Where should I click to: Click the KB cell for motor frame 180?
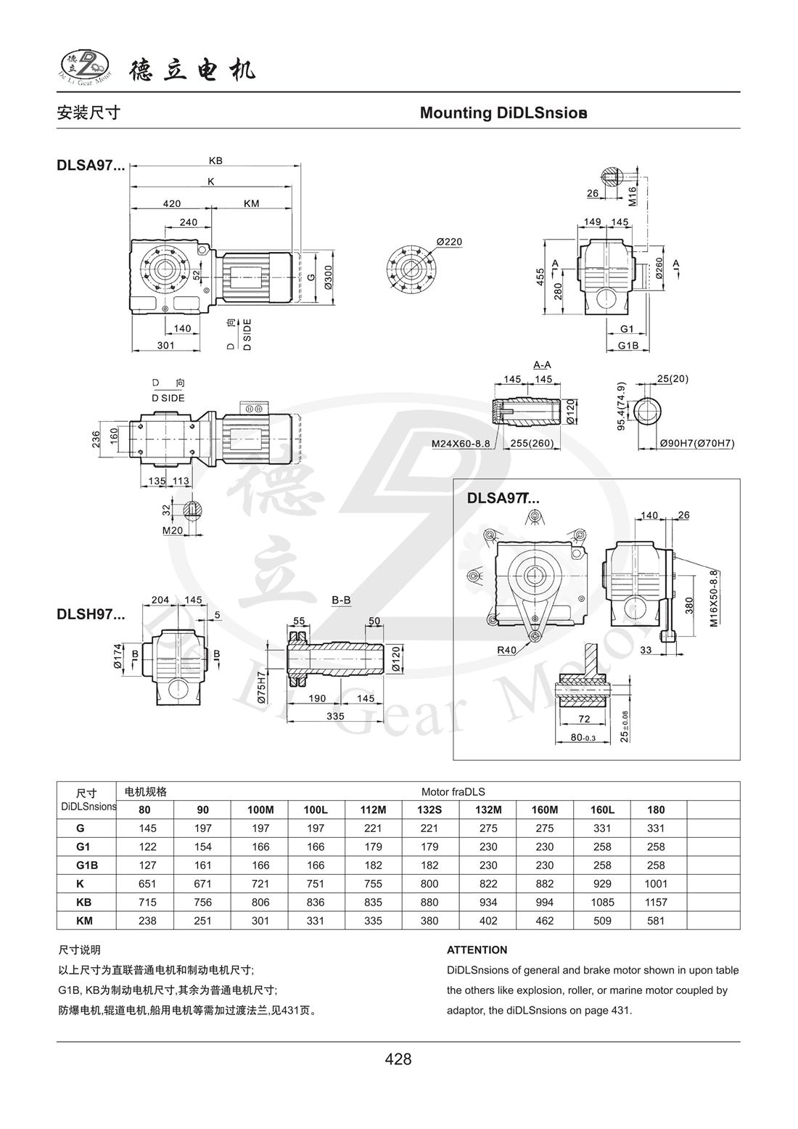click(x=655, y=902)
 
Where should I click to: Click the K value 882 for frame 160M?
click(x=544, y=884)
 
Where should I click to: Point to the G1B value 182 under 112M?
click(x=374, y=865)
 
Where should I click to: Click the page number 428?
click(x=398, y=1059)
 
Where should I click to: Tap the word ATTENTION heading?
click(x=477, y=950)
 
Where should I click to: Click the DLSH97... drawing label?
click(x=91, y=614)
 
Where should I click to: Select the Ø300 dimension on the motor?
click(x=329, y=277)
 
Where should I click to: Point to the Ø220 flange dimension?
click(x=449, y=242)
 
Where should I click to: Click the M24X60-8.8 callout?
click(x=461, y=444)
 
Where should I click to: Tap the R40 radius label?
click(x=506, y=651)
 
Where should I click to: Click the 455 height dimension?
click(x=540, y=277)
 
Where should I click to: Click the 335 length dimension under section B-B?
click(x=334, y=717)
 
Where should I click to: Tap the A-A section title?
click(x=542, y=364)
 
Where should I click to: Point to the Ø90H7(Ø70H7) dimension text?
click(x=697, y=443)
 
